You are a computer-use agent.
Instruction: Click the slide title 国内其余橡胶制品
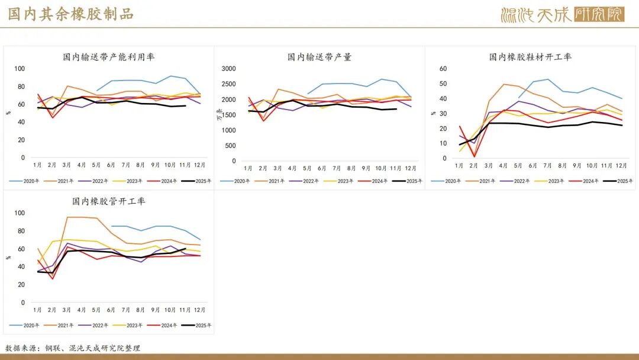(70, 14)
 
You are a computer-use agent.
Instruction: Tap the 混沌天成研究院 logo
(561, 14)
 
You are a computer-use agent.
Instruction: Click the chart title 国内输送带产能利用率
(109, 57)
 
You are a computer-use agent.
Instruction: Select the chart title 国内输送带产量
(319, 57)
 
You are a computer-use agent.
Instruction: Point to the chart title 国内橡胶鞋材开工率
(530, 57)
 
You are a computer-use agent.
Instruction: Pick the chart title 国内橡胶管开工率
(109, 201)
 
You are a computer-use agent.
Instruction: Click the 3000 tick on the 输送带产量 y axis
(228, 69)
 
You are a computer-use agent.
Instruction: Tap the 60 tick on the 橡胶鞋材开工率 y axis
(443, 69)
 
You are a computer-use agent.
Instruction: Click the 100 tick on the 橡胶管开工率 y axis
(20, 213)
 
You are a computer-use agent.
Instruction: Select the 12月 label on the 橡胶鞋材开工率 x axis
(621, 166)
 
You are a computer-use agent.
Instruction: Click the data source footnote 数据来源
(73, 348)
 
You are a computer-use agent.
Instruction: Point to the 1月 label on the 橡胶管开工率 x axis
(37, 310)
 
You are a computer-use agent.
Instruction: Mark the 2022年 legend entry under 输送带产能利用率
(100, 181)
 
